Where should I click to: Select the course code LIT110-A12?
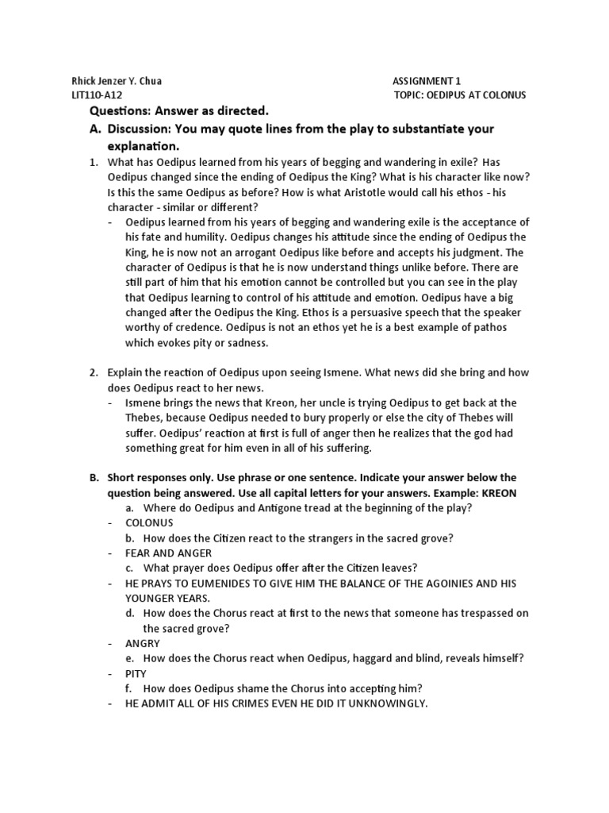pos(98,94)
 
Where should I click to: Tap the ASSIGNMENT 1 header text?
pos(426,80)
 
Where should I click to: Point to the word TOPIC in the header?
pos(410,94)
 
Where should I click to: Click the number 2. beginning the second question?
pos(94,372)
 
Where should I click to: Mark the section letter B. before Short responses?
pos(94,477)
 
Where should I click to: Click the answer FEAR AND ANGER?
pos(168,553)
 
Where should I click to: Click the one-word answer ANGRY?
pos(143,643)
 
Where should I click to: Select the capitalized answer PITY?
pos(137,673)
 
